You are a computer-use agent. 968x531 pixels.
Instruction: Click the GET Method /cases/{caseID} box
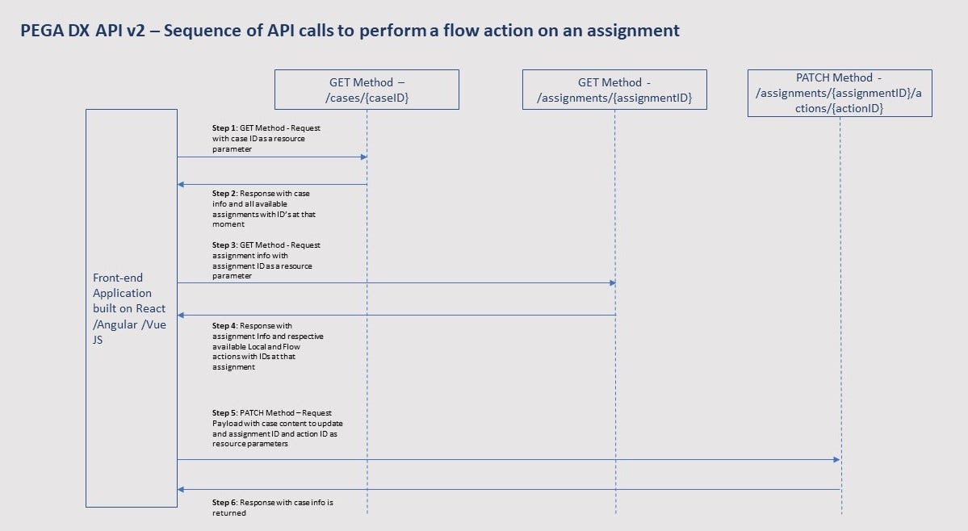(367, 89)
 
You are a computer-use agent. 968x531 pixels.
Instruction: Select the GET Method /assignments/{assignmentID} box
(614, 89)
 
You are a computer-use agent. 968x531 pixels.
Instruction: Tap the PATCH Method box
(840, 93)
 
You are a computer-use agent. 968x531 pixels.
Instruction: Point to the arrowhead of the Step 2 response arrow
(182, 185)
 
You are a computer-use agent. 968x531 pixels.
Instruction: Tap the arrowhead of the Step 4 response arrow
(182, 315)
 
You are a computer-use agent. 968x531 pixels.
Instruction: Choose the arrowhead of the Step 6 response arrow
(182, 489)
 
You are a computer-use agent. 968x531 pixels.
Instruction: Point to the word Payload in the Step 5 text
(226, 423)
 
